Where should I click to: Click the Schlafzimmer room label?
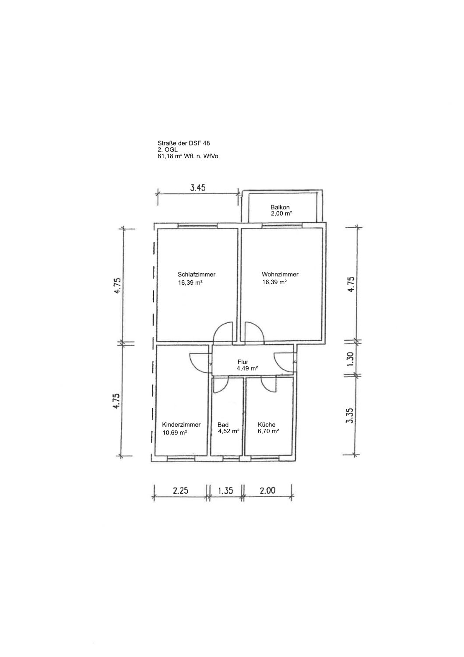pos(197,275)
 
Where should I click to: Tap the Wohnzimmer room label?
pos(280,275)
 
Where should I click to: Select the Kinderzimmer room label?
pos(181,424)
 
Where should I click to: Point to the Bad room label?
pos(223,424)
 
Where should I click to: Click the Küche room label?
pos(267,424)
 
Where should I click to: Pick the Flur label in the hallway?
pos(243,362)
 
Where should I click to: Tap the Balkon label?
pos(280,207)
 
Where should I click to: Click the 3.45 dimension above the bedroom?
pos(198,188)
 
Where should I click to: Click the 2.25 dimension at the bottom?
pos(180,491)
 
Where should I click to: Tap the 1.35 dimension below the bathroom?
pos(225,491)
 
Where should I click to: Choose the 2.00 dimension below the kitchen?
pos(267,491)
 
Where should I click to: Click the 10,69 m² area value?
pos(175,432)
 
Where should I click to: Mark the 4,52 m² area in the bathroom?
pos(228,431)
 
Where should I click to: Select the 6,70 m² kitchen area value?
pos(268,431)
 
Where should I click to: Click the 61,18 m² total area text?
pos(188,156)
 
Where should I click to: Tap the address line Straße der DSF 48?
pos(184,143)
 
